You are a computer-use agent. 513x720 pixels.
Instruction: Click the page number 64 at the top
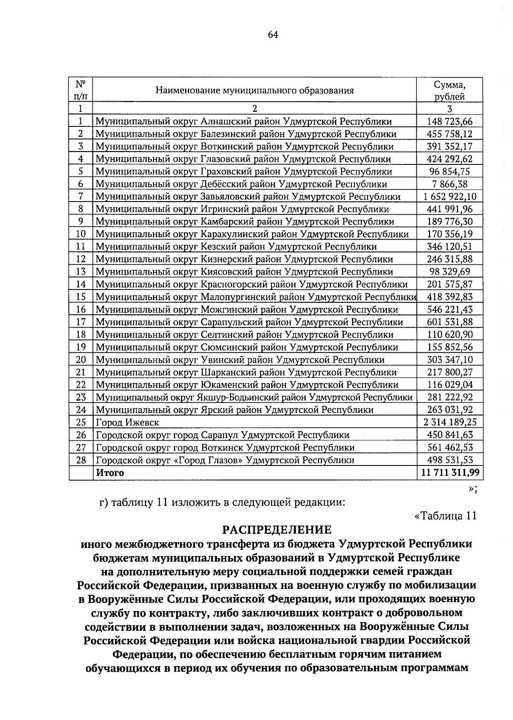point(273,35)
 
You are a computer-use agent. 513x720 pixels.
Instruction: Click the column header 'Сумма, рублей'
point(449,90)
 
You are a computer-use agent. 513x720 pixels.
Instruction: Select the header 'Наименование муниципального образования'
point(255,91)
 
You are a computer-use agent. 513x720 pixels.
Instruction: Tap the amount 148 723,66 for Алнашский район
point(450,122)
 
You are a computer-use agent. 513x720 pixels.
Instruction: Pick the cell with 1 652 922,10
point(450,197)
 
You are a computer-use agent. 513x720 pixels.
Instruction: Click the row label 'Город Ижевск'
point(127,422)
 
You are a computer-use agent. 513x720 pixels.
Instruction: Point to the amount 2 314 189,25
point(450,422)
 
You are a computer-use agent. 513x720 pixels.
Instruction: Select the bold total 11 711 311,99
point(450,472)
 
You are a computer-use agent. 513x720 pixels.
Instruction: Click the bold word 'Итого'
point(110,472)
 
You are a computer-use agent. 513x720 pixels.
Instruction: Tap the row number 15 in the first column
point(81,297)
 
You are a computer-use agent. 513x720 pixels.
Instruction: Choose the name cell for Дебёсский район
point(241,184)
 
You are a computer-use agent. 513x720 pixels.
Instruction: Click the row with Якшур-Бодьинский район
point(254,397)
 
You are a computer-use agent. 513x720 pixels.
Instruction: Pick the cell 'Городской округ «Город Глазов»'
point(225,460)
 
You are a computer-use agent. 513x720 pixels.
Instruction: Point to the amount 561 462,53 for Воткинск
point(450,448)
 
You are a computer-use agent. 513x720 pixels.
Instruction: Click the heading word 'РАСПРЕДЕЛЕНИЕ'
point(277,530)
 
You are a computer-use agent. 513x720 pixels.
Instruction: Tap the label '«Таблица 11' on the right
point(445,515)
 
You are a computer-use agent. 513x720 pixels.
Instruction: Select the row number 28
point(81,460)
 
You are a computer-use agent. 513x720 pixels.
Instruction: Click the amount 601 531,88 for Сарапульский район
point(450,322)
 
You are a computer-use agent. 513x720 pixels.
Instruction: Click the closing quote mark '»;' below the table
point(472,489)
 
